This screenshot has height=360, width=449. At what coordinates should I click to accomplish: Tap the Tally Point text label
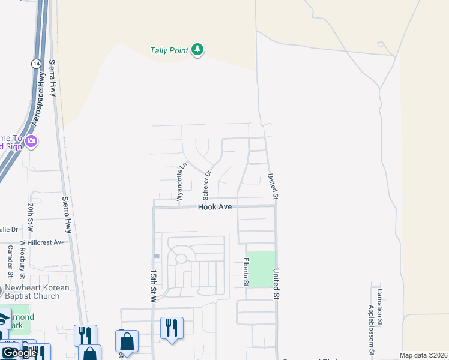(169, 50)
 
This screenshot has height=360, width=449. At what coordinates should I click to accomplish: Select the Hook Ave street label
(215, 206)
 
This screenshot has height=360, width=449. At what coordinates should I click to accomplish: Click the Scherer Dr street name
(207, 185)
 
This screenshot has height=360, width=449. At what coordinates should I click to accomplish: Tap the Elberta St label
(246, 271)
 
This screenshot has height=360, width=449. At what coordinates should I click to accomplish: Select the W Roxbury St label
(23, 260)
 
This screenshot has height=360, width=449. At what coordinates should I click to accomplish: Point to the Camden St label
(10, 259)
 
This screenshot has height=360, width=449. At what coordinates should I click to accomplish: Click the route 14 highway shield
(37, 62)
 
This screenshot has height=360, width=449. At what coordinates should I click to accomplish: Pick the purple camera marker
(31, 142)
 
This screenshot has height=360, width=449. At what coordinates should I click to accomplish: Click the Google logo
(19, 353)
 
